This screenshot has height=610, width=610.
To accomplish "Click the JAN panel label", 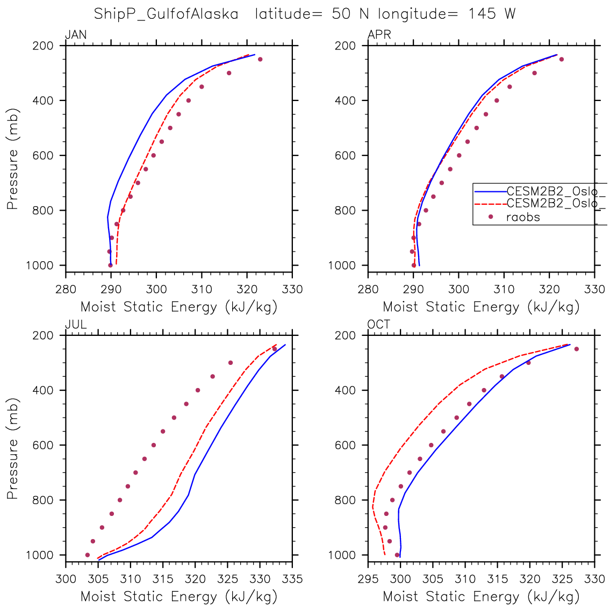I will [76, 35].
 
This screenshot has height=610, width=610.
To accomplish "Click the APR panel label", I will [379, 35].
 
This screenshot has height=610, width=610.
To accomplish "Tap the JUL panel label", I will [76, 325].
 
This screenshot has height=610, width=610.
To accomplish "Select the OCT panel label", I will [379, 325].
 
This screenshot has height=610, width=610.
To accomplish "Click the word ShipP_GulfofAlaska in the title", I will [166, 14].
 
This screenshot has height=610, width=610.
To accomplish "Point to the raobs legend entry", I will [523, 217].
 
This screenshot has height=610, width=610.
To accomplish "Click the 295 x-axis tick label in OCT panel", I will [368, 579].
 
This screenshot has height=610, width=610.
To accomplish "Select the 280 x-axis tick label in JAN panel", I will [66, 290].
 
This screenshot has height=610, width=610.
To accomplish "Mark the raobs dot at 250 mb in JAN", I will [260, 59].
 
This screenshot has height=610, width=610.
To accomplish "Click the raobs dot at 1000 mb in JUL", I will [88, 555].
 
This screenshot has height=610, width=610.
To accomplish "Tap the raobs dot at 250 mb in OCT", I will [576, 349].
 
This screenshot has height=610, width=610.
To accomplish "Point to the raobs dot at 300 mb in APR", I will [534, 73].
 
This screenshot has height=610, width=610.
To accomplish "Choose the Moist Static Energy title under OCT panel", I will [481, 597].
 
